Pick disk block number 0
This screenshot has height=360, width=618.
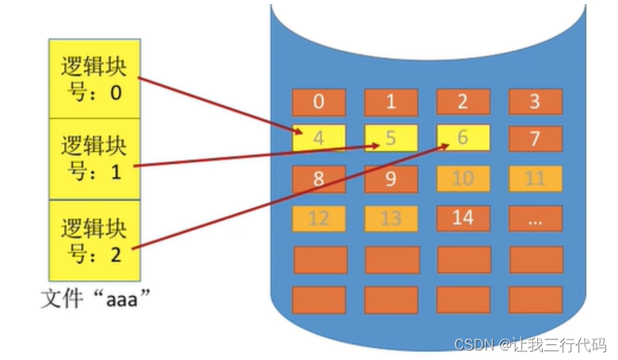319,101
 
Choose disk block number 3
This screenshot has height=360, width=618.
535,101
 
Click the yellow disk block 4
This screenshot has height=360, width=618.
319,138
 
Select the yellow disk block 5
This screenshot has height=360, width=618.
391,138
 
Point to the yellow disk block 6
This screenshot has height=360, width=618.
463,138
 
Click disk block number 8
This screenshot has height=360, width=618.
319,179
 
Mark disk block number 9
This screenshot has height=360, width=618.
391,179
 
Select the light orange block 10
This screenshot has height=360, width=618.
463,179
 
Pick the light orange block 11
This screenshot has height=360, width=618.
535,179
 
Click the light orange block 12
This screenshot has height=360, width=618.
319,218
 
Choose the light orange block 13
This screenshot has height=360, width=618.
391,218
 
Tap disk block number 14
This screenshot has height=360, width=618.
463,218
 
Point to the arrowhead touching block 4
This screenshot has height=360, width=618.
298,133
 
